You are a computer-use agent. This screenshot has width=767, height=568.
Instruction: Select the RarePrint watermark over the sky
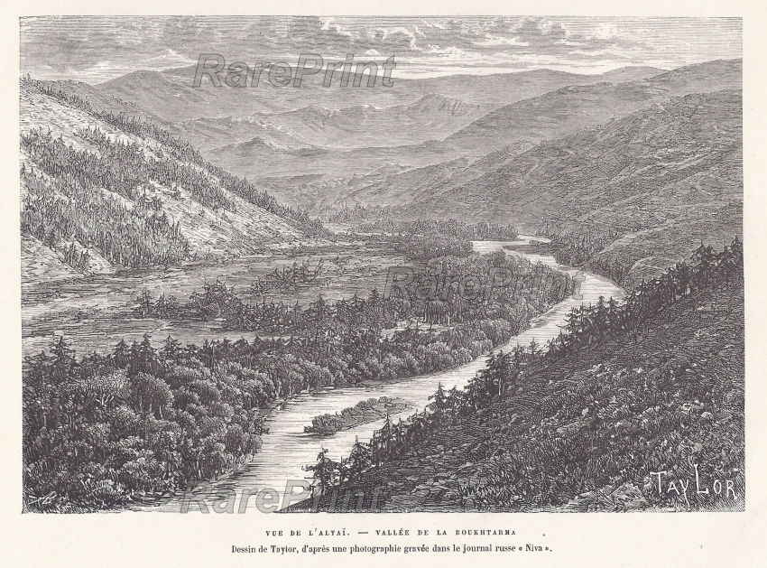click(x=293, y=71)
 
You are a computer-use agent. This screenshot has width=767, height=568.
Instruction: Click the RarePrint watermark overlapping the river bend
click(x=483, y=283)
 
